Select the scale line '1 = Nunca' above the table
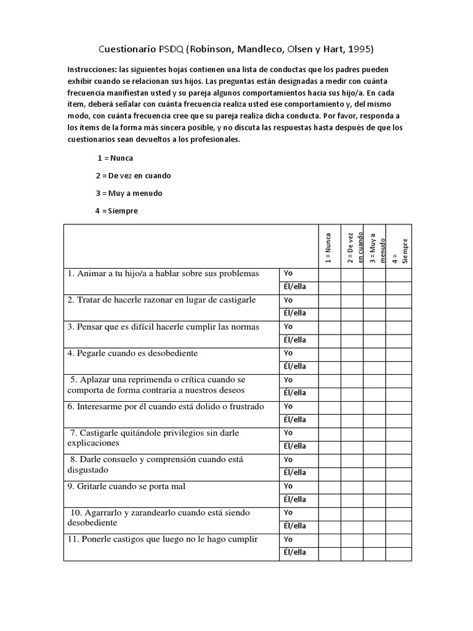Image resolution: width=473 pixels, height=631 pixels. (115, 158)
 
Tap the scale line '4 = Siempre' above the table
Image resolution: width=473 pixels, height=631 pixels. (116, 211)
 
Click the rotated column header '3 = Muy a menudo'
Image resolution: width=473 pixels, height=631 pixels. (374, 246)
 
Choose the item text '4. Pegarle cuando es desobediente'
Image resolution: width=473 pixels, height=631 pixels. (133, 354)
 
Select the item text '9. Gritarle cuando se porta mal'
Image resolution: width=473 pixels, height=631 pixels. (126, 487)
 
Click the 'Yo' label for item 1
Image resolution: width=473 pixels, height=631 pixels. (288, 274)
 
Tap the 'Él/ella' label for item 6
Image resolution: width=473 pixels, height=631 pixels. (294, 420)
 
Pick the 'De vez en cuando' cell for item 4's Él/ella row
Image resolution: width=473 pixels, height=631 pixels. (352, 367)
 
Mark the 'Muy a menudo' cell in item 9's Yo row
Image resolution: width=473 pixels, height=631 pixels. (374, 486)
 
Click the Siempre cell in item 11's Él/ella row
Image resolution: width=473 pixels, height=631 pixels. (398, 553)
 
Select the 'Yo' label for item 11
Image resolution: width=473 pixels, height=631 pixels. (288, 539)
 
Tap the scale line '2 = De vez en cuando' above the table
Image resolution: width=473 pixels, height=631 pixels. (133, 176)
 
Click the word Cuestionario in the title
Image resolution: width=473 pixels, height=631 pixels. (127, 49)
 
